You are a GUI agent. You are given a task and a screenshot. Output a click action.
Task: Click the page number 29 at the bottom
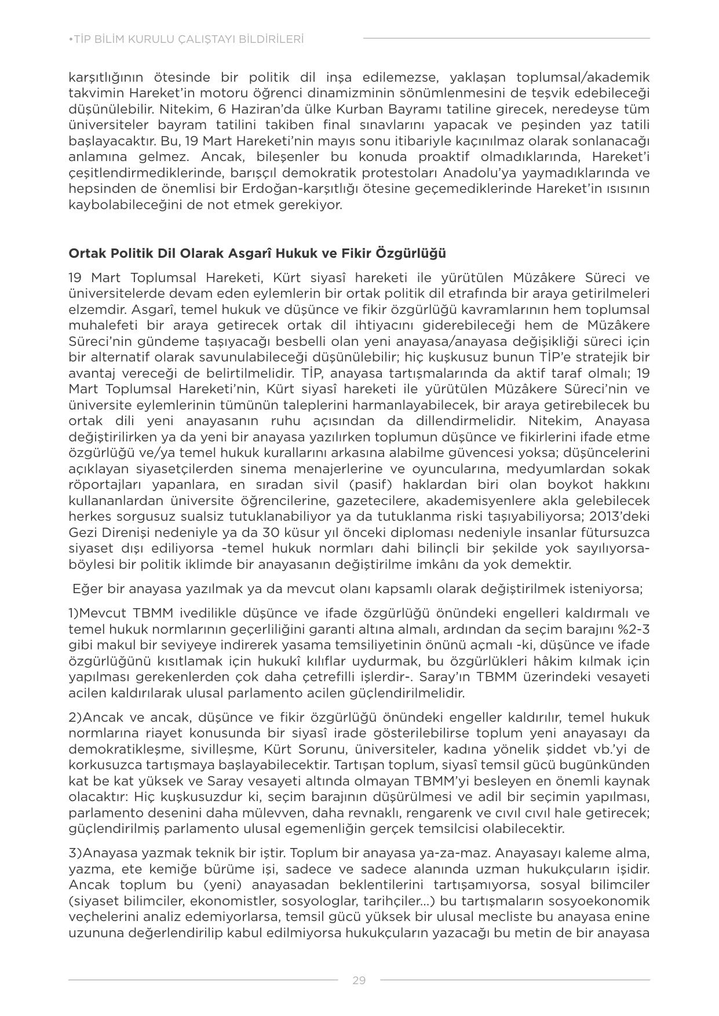(359, 980)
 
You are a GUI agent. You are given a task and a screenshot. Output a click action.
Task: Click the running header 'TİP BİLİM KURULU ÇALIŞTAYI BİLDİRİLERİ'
(186, 39)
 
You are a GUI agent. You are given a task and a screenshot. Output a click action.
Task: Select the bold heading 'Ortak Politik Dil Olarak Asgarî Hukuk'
(257, 253)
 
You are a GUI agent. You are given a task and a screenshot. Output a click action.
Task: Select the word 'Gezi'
(83, 532)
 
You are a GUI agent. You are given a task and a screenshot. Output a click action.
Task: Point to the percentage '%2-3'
(631, 629)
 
